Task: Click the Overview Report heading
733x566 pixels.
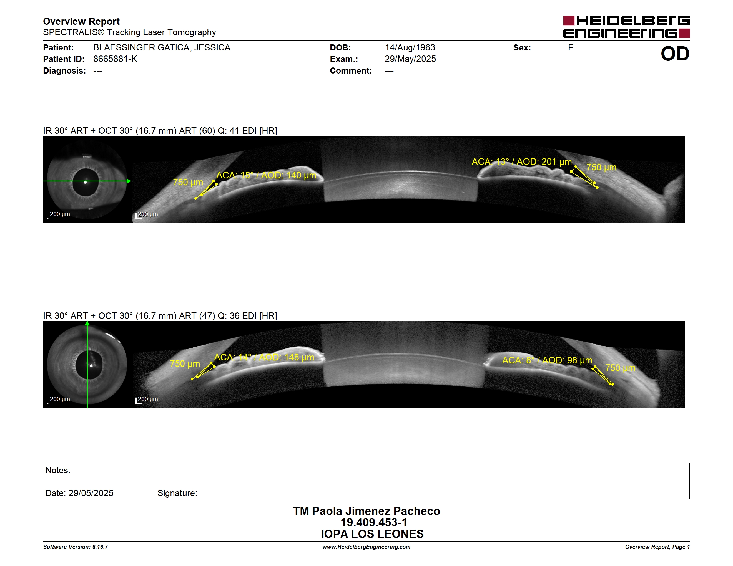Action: point(81,21)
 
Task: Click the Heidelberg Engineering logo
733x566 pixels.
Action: point(626,27)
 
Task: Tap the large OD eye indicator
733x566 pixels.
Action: point(675,54)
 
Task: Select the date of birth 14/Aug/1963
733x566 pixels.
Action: point(410,48)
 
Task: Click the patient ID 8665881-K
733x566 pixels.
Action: point(115,59)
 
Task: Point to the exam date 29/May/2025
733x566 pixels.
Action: point(410,59)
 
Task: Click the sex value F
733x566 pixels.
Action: point(571,48)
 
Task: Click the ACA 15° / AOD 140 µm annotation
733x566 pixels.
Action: point(266,175)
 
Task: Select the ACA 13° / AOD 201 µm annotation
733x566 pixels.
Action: point(521,162)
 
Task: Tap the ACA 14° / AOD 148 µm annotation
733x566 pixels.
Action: point(264,357)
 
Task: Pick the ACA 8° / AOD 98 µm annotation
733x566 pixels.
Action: point(547,360)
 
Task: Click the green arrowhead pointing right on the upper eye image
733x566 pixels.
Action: point(129,181)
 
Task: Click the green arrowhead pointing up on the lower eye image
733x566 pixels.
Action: point(87,323)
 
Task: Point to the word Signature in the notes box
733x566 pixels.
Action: point(177,493)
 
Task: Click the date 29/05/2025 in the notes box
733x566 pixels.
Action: point(91,493)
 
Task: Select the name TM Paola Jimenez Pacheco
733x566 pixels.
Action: point(366,511)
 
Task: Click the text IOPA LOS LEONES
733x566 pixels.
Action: point(372,534)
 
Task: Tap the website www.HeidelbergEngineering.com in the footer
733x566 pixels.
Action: point(366,547)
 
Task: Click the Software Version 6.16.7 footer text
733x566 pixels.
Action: point(76,547)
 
